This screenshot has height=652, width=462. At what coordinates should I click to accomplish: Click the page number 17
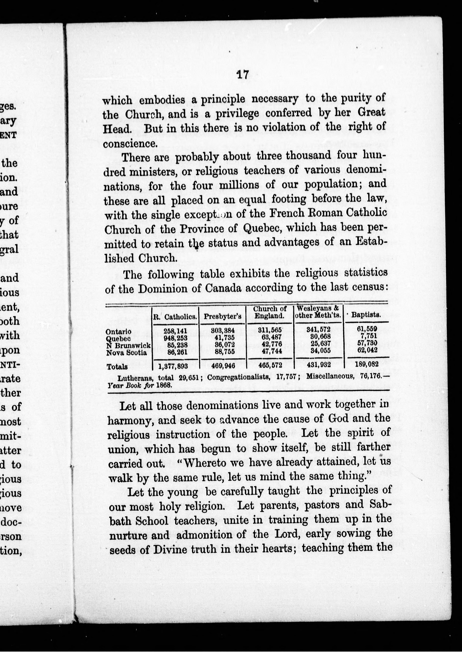coord(242,75)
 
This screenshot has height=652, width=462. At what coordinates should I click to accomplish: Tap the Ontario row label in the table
coord(118,332)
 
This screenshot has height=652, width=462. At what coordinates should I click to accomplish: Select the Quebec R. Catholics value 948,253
coord(175,339)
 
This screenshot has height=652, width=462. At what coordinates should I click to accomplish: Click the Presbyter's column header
coord(222,317)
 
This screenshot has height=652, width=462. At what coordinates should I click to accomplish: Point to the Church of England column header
coord(270,312)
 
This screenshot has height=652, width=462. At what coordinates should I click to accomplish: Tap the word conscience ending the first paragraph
coord(130,144)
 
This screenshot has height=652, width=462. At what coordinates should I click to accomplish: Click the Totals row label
coord(117,367)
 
